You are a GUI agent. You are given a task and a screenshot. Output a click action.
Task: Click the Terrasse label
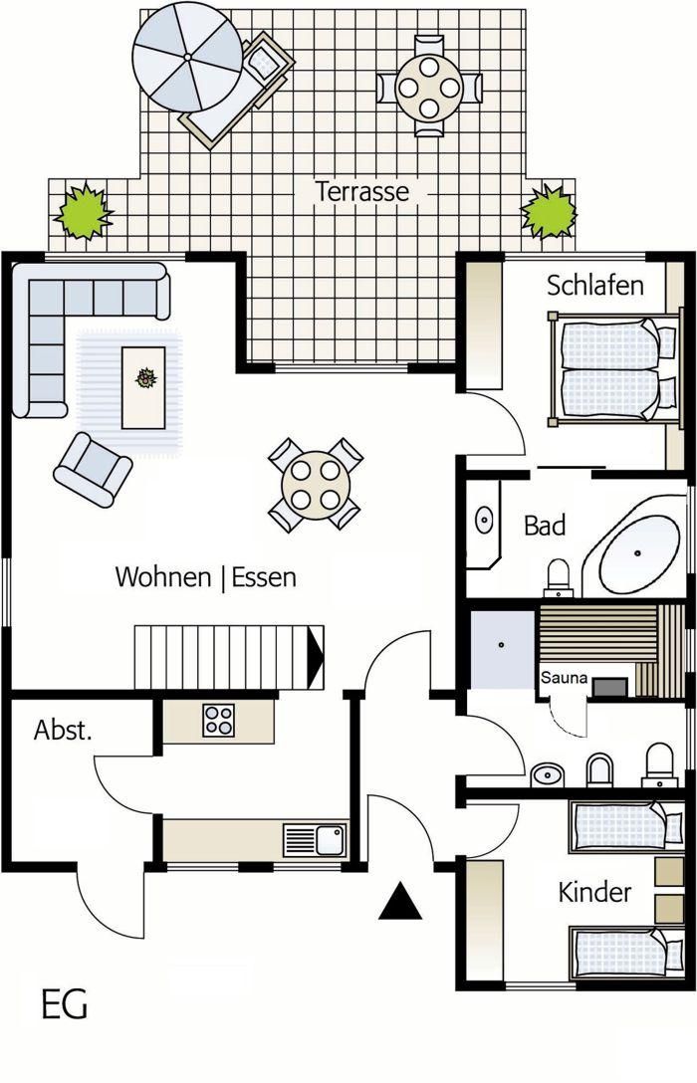(x=362, y=191)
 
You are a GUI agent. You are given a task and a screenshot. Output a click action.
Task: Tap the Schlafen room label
(x=594, y=285)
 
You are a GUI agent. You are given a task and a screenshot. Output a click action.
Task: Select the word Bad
(x=545, y=526)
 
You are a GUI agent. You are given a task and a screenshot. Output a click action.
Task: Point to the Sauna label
(x=564, y=678)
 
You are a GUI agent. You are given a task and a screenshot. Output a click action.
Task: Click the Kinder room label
(x=594, y=892)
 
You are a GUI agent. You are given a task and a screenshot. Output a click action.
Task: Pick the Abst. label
(x=63, y=730)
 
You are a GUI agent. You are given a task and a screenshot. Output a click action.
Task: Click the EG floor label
(x=65, y=1004)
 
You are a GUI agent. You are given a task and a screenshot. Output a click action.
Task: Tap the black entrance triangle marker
(x=400, y=901)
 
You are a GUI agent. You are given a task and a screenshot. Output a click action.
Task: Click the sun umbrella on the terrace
(x=187, y=57)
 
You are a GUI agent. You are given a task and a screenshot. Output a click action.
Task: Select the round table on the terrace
(x=429, y=88)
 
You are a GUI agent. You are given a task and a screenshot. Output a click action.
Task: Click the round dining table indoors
(x=316, y=485)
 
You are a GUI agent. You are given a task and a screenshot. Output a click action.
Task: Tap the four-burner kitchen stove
(x=218, y=721)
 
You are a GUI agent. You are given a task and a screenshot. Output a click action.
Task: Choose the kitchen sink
(x=315, y=840)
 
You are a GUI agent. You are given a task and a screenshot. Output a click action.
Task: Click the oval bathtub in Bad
(x=639, y=553)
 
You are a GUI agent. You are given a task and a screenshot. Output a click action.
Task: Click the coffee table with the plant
(x=143, y=387)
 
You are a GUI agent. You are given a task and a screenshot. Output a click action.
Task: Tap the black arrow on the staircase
(x=316, y=658)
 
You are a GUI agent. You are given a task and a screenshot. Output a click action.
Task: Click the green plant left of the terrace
(x=83, y=211)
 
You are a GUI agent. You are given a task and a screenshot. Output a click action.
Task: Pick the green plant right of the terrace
(x=550, y=211)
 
